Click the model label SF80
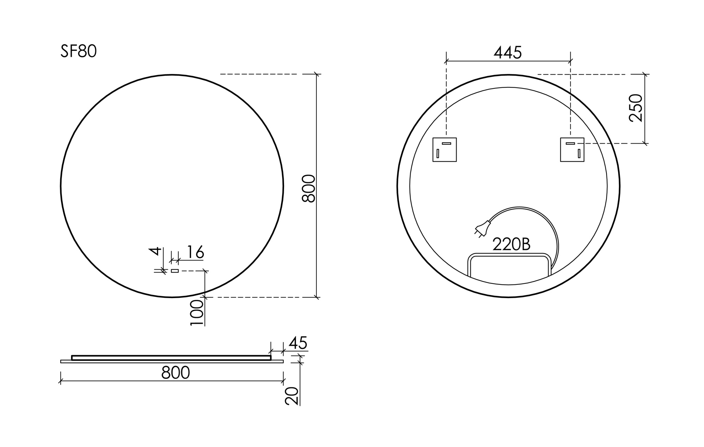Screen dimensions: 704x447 click(x=78, y=51)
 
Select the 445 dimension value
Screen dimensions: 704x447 click(x=508, y=53)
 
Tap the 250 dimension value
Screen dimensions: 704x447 click(x=636, y=108)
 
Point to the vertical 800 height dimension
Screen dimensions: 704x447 click(x=308, y=188)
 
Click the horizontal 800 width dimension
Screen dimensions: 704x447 click(x=175, y=372)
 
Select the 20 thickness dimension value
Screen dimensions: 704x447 click(x=292, y=396)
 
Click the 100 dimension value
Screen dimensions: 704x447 click(x=197, y=313)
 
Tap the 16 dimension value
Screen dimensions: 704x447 click(x=195, y=252)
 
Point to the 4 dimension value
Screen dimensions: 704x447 click(x=156, y=251)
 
